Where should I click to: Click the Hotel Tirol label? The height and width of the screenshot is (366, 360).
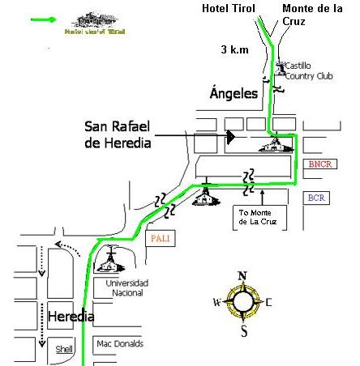tap(228, 9)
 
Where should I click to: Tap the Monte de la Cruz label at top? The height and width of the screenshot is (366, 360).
tap(311, 15)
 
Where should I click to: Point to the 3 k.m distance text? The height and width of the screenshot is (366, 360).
tap(235, 49)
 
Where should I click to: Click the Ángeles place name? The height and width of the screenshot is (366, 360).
tap(234, 94)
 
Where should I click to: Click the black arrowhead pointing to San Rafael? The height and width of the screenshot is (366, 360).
tap(230, 137)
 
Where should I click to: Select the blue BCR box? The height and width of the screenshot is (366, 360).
tap(316, 198)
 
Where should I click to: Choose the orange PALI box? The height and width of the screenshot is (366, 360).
tap(161, 239)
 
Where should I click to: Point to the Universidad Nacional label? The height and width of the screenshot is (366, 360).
tap(126, 288)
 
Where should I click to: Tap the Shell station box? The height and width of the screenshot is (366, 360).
tap(63, 349)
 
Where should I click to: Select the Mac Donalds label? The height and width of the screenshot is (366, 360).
tap(119, 343)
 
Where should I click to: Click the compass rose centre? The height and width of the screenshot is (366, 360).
tap(242, 303)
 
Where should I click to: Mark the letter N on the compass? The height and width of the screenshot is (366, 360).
tap(242, 276)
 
